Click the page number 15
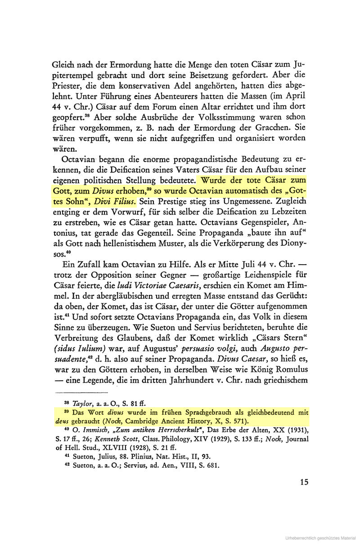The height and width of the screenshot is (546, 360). click(x=304, y=482)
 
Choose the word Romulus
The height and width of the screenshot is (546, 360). click(x=286, y=369)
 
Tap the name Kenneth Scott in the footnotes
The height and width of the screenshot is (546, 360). click(x=118, y=442)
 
